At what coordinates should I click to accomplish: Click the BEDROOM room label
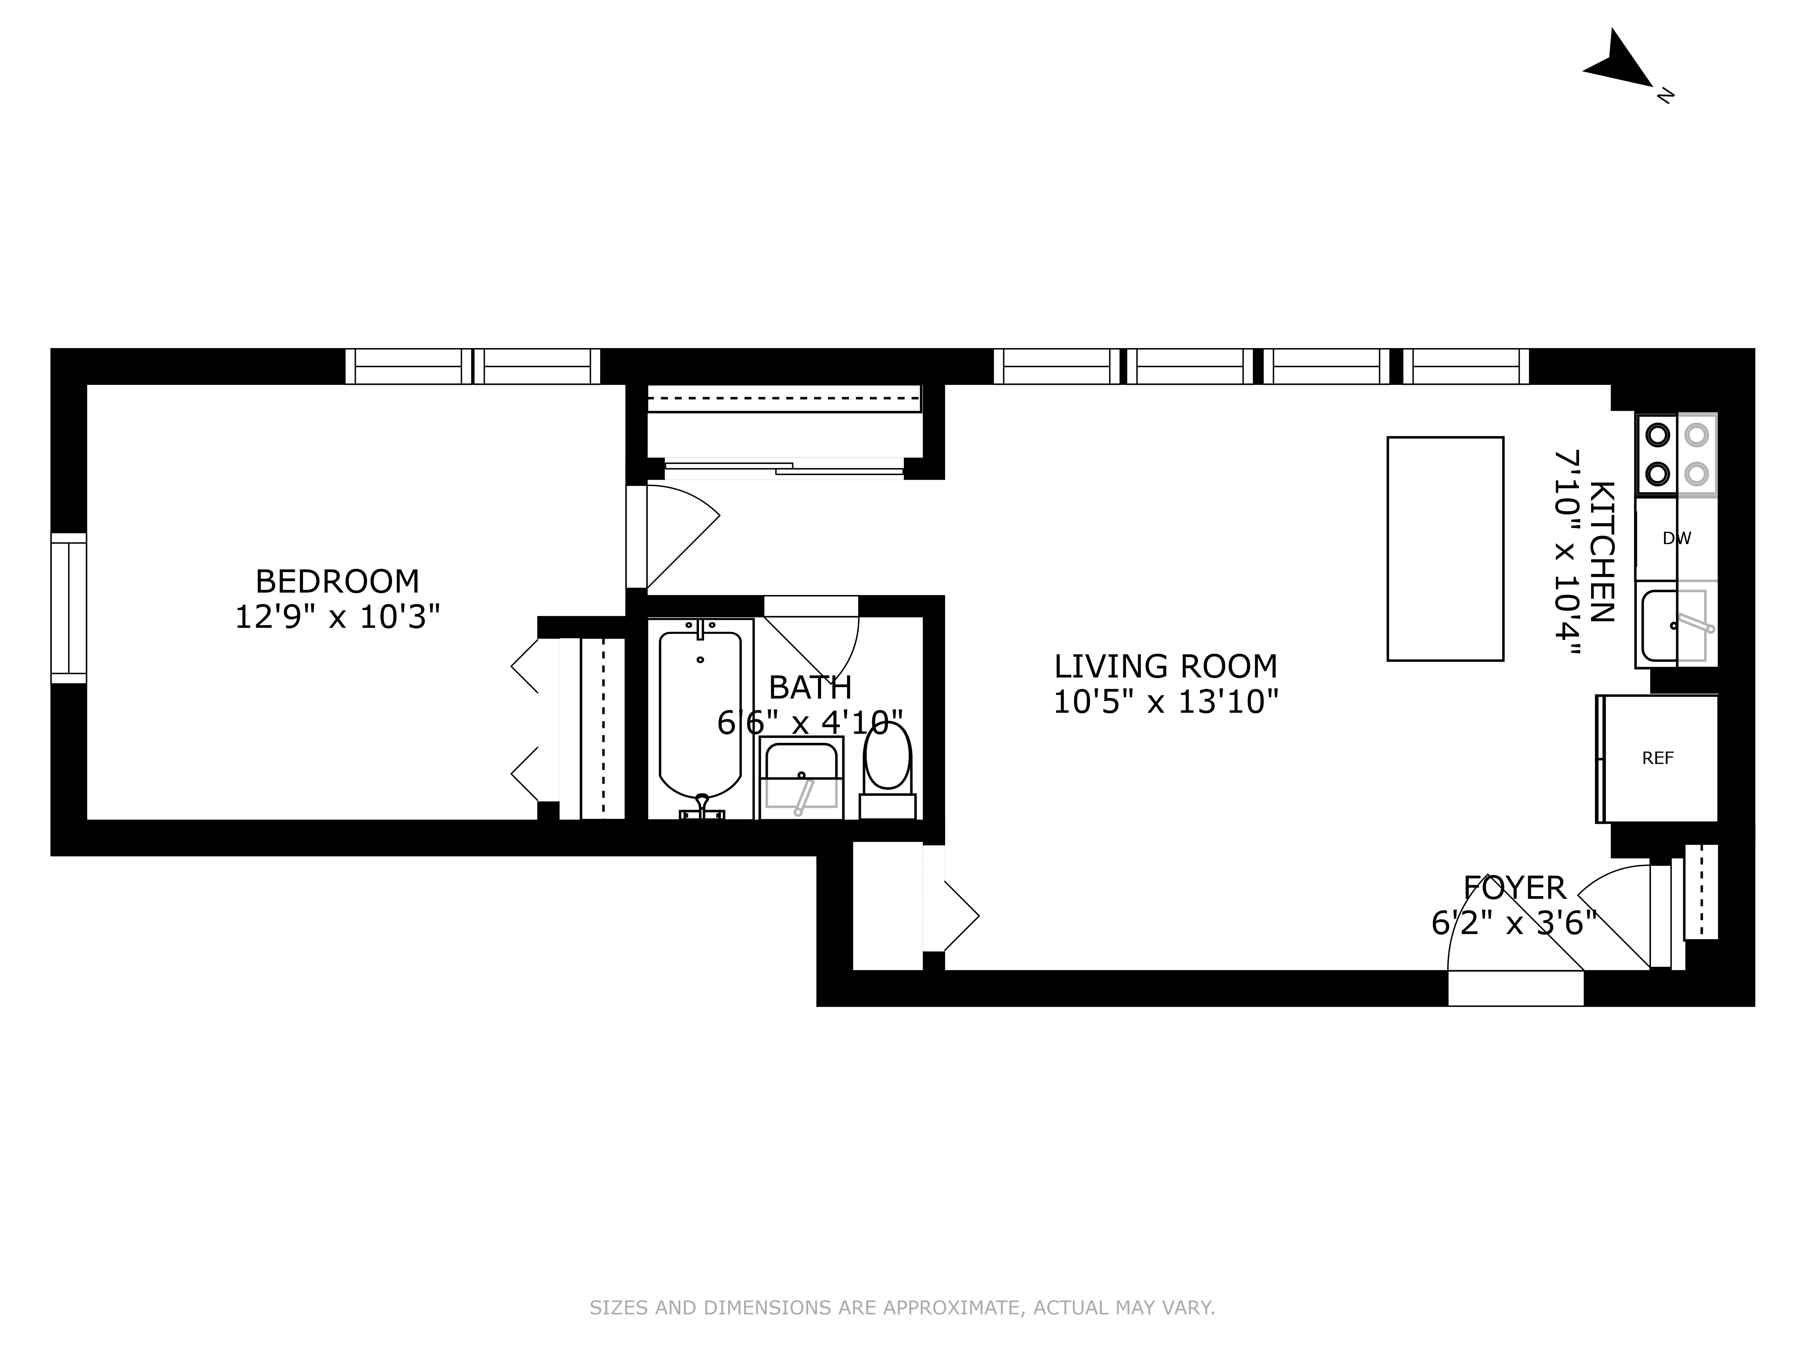coord(337,581)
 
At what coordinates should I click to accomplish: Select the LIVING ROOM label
coord(1165,666)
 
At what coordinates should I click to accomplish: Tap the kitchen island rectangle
coord(1445,549)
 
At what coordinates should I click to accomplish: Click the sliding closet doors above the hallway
coord(784,468)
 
